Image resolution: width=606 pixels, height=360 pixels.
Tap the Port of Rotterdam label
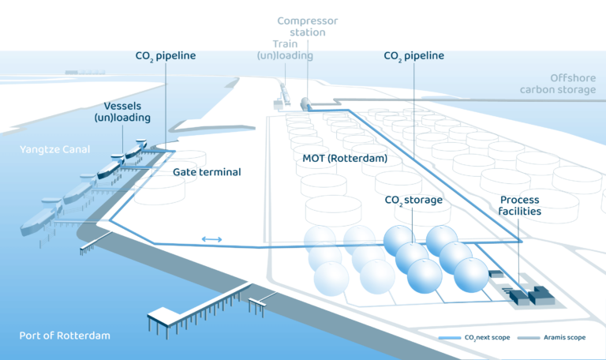click(65, 336)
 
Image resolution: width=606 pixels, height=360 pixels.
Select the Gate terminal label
click(207, 171)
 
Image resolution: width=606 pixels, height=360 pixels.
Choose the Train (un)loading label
click(285, 50)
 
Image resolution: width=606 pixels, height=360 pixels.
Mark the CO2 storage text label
click(413, 200)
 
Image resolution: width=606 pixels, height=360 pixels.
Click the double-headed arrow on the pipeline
click(211, 238)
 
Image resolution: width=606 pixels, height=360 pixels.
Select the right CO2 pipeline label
click(413, 56)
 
